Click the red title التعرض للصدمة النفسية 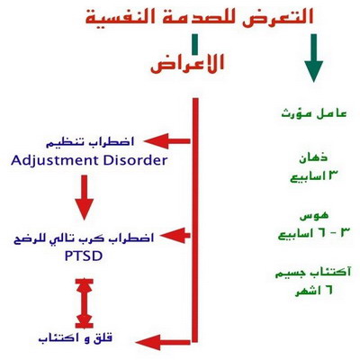(x=200, y=17)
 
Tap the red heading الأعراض (x=187, y=63)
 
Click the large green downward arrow (x=314, y=58)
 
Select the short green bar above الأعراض (x=195, y=44)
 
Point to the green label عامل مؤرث (x=314, y=113)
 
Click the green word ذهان (x=313, y=157)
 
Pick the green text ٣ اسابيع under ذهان (x=312, y=176)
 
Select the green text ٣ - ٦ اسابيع (x=314, y=233)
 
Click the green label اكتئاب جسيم (x=313, y=273)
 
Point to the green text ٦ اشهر (x=314, y=291)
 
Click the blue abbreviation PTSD (x=84, y=256)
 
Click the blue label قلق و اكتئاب (x=76, y=338)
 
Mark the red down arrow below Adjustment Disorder (x=85, y=197)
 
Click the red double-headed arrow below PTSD (x=85, y=303)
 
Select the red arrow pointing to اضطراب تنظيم (x=167, y=141)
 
